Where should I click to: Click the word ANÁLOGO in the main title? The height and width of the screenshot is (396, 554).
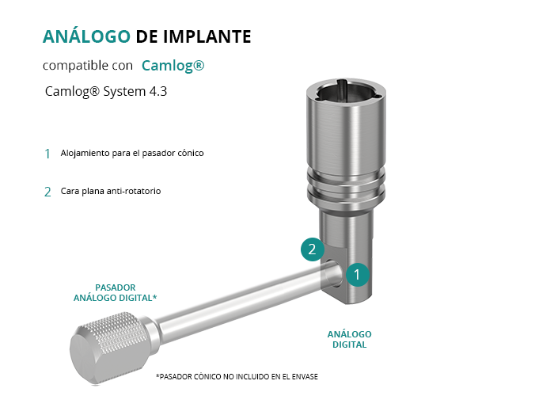click(x=86, y=36)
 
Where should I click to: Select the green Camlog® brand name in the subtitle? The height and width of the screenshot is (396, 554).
click(x=173, y=66)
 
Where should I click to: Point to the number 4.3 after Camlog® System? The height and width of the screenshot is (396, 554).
click(x=158, y=91)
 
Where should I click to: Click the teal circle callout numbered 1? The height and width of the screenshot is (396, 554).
click(x=357, y=274)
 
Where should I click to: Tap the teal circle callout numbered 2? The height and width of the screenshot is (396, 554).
click(x=313, y=249)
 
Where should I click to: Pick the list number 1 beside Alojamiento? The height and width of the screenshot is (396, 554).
click(x=47, y=154)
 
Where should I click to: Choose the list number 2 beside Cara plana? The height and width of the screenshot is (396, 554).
click(x=47, y=192)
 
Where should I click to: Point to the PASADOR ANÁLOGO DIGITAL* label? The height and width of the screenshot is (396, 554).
click(x=116, y=293)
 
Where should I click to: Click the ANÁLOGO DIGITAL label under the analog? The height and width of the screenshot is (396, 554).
click(x=350, y=340)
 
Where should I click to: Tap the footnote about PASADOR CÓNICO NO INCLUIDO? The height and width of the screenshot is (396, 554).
click(x=237, y=376)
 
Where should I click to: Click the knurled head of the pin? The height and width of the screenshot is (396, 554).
click(x=109, y=347)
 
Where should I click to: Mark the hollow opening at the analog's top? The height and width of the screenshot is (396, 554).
click(x=347, y=91)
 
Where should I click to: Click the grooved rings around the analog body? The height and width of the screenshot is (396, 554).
click(x=347, y=185)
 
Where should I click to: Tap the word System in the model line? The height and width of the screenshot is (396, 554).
click(x=124, y=92)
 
